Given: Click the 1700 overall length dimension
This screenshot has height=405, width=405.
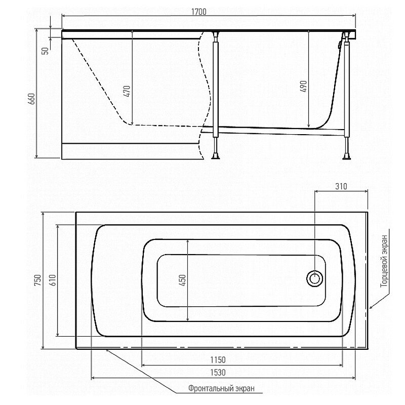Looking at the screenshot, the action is point(198,12).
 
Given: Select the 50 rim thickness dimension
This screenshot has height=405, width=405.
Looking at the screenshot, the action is point(45,51).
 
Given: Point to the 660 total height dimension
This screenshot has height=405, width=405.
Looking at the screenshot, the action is point(31,99).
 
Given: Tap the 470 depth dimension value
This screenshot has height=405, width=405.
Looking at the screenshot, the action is point(127,91).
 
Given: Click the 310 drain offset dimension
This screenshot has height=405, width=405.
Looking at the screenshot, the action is point(341,186).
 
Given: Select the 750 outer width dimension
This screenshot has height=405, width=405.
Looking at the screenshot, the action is point(37,280).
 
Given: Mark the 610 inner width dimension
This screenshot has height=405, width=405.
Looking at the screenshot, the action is point(53,280).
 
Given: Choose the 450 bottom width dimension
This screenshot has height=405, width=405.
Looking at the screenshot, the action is point(183,280).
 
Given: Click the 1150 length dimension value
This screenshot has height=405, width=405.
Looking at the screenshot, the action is point(218,359).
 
